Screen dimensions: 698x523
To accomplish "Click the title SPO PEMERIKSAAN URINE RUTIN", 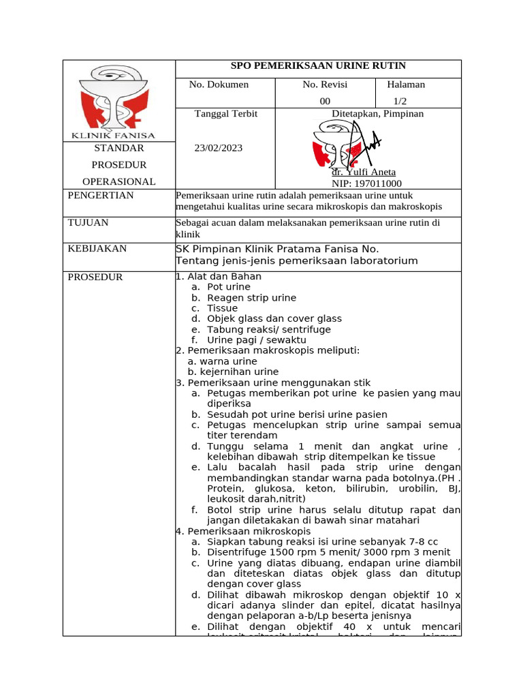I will (x=318, y=66).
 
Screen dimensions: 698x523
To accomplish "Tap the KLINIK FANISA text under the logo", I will (x=119, y=135).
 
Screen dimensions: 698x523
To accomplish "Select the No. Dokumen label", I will (x=219, y=85).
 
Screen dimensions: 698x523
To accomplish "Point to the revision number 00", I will (x=325, y=102).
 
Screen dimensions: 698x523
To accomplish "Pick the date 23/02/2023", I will (x=218, y=148).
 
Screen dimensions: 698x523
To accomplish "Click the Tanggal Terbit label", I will (x=226, y=114).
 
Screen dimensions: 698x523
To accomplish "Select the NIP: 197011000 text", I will (x=366, y=183).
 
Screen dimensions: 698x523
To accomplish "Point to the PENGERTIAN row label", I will (x=101, y=196).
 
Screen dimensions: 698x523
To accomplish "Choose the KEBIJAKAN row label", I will (x=97, y=249).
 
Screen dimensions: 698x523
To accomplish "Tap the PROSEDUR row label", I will (x=95, y=277).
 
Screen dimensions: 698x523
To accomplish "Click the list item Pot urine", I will (x=229, y=287).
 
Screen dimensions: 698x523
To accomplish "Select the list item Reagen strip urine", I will (x=251, y=298).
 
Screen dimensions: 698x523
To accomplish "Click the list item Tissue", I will (x=222, y=308).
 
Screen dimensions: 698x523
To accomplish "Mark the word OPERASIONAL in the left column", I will (x=119, y=181).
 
